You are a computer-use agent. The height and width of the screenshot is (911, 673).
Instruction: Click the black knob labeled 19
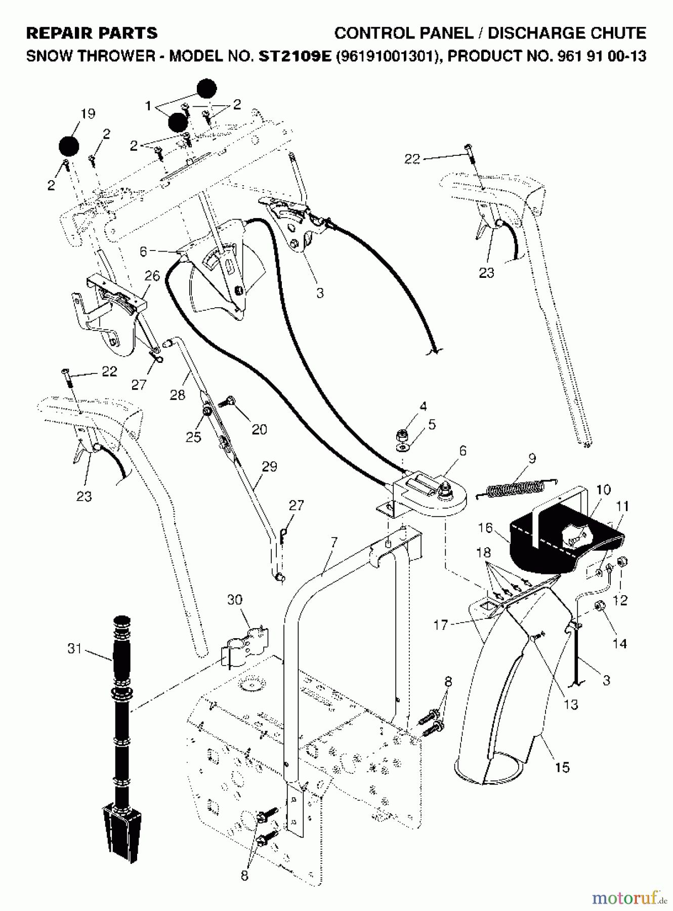(x=69, y=147)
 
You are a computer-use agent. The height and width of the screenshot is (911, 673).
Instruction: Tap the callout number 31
(x=75, y=648)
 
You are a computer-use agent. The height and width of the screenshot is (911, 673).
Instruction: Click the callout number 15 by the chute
(x=562, y=767)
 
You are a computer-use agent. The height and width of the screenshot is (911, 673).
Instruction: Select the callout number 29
(x=270, y=466)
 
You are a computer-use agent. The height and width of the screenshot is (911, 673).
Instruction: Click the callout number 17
(x=440, y=625)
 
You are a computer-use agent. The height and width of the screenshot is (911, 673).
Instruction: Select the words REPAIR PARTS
(x=92, y=33)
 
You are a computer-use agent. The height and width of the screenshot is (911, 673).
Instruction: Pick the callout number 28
(x=177, y=395)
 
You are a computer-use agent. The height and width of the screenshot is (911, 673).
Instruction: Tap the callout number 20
(x=259, y=429)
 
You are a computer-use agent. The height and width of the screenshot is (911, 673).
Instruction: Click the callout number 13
(x=571, y=704)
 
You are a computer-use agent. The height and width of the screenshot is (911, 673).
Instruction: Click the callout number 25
(x=193, y=436)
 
